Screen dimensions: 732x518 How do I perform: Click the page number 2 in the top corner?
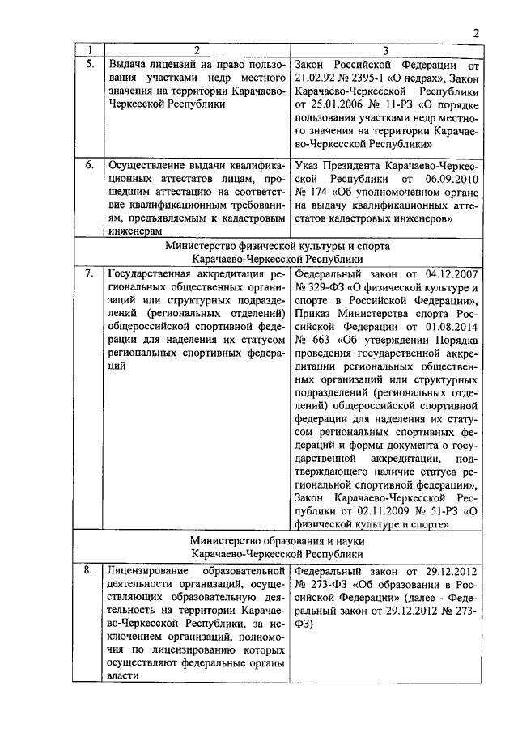477,33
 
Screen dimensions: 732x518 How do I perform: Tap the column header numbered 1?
91,50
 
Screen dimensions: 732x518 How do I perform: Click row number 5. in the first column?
91,64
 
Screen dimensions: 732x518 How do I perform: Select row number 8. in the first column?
91,573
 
